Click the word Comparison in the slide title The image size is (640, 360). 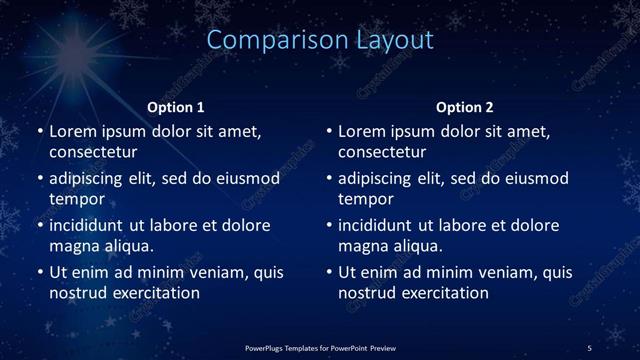269,40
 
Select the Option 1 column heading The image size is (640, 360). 176,107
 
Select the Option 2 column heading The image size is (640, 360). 465,107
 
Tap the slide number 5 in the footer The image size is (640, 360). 590,347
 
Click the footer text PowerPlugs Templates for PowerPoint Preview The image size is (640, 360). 320,347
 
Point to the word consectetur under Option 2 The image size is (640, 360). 383,152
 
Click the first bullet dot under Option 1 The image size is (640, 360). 39,132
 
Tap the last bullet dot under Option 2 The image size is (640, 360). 329,272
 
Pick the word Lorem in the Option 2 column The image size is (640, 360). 361,131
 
